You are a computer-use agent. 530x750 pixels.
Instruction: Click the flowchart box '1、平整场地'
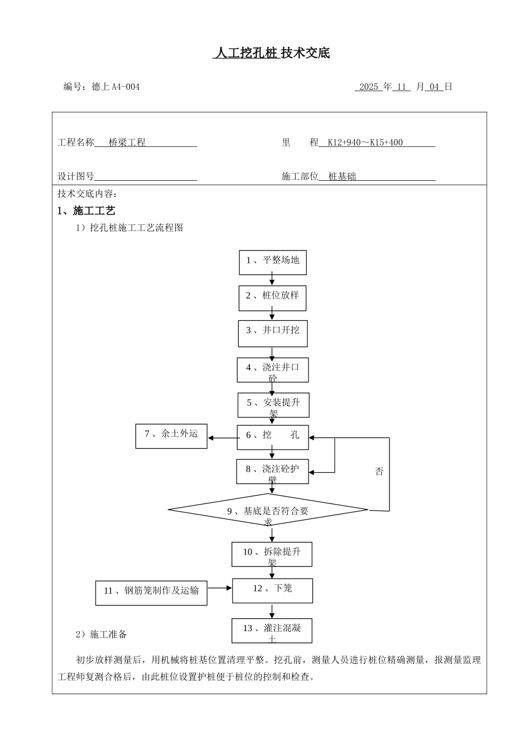point(273,261)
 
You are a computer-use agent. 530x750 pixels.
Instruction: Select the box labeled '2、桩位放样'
point(272,296)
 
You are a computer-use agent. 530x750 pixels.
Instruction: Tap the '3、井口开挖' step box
point(272,333)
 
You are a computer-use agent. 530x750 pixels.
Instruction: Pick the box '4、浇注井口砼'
point(272,369)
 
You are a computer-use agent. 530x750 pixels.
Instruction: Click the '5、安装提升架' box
point(273,405)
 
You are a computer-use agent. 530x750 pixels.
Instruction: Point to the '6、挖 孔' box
point(272,436)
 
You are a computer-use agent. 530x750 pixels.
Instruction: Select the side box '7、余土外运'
point(171,435)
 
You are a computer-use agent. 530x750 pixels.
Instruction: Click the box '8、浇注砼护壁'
point(272,472)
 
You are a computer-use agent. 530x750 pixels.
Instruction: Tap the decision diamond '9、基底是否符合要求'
point(268,511)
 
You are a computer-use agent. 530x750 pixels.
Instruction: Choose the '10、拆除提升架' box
point(272,554)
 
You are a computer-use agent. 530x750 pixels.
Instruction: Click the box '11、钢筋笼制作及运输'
point(151,593)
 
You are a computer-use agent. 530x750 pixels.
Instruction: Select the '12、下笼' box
point(272,590)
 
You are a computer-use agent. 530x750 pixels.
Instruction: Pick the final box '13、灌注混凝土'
point(272,631)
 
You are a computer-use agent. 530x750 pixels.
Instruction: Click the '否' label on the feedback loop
point(379,472)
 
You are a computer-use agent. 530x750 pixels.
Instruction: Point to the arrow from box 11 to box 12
point(220,588)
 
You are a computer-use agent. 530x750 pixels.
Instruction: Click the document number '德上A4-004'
point(115,87)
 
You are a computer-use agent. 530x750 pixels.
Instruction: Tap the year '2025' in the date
point(369,87)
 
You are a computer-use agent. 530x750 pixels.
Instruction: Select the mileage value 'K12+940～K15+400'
point(365,143)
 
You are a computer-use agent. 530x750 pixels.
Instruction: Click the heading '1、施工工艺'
point(86,211)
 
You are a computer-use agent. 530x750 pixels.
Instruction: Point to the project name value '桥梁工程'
point(127,143)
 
